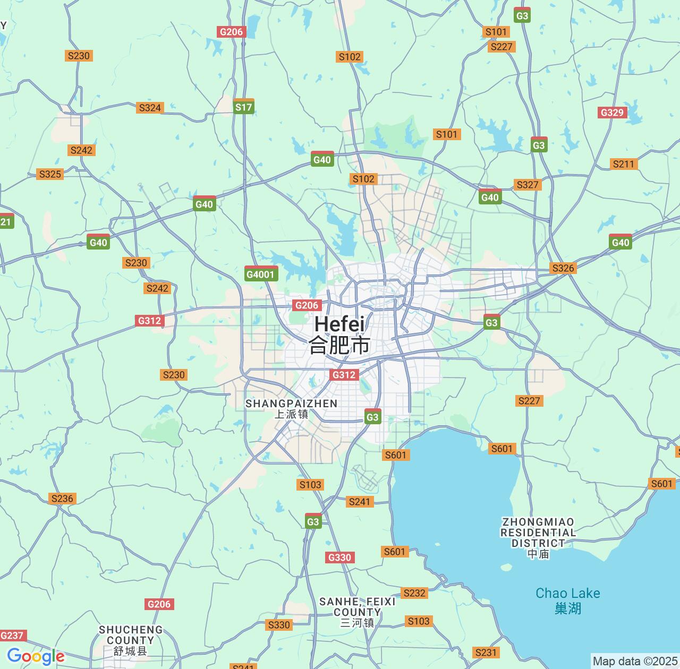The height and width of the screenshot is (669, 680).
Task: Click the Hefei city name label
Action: click(339, 334)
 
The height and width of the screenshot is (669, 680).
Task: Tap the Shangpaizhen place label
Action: click(291, 408)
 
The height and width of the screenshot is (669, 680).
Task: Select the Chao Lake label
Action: click(567, 600)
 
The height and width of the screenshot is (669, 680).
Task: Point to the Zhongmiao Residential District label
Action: click(538, 537)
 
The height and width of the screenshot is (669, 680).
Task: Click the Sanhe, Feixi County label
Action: click(358, 611)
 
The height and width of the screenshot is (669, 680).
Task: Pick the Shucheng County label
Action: click(131, 640)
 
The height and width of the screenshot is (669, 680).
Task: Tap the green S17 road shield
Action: click(244, 107)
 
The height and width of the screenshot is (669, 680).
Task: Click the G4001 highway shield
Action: click(261, 274)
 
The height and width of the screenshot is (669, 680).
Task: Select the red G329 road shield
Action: click(612, 113)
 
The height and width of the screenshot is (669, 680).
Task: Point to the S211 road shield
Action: click(624, 164)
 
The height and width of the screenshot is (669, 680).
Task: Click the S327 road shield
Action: click(528, 185)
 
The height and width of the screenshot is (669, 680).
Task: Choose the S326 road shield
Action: click(563, 268)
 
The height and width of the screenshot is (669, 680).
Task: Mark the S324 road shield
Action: click(150, 108)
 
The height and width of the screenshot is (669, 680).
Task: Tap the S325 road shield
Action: click(50, 174)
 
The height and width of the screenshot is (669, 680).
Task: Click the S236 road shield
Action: click(62, 499)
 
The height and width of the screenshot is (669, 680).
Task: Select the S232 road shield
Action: click(414, 593)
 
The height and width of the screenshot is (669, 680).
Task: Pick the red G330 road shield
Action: click(339, 557)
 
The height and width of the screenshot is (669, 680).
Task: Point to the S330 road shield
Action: click(279, 625)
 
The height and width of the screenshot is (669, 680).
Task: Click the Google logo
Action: click(36, 656)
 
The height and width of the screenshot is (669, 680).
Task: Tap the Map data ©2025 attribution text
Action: click(635, 662)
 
